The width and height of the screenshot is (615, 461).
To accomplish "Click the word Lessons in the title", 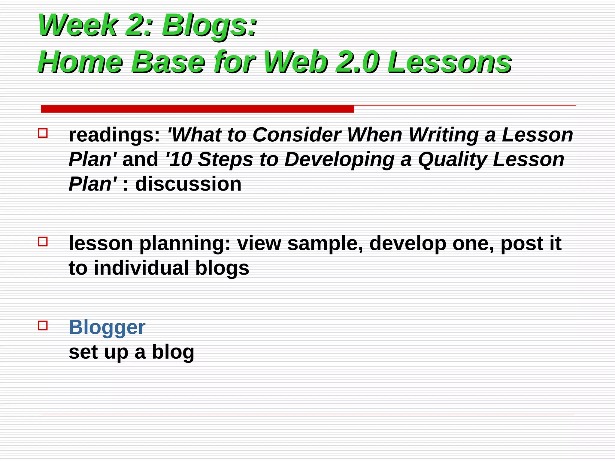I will (x=449, y=62).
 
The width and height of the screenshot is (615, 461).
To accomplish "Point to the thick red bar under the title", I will (x=197, y=109).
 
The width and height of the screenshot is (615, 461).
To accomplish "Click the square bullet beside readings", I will (x=43, y=133).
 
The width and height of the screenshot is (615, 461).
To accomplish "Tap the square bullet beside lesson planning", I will (x=43, y=241).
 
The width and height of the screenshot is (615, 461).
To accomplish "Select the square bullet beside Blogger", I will (x=43, y=325).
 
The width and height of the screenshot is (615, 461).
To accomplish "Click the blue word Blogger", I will (x=107, y=327).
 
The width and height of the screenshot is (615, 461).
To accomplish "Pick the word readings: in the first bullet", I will (x=114, y=135).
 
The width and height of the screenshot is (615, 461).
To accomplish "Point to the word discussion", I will (x=188, y=184).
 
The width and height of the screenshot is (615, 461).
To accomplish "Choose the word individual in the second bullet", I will (x=141, y=268).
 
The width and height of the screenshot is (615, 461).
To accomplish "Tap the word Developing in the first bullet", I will (x=339, y=160).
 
